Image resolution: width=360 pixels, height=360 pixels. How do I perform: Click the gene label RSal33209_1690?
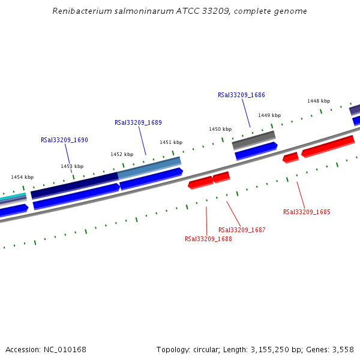(x=64, y=140)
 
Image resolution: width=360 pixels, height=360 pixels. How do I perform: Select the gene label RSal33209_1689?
(x=138, y=122)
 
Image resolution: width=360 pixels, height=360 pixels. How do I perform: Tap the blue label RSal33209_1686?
(x=241, y=95)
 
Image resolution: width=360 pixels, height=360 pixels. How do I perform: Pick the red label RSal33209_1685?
(x=307, y=212)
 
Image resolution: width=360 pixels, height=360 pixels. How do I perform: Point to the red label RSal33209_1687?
(x=242, y=230)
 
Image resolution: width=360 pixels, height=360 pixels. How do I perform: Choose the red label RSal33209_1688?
(x=208, y=239)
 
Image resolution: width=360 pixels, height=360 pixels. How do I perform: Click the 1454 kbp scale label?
(x=22, y=177)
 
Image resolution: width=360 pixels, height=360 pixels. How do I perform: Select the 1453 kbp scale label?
(x=72, y=166)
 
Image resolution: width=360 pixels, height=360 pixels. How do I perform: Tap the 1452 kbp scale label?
(x=122, y=154)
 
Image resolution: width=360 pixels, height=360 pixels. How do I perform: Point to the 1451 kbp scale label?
(x=171, y=142)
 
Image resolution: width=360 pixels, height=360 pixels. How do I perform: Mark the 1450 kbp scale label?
(x=220, y=129)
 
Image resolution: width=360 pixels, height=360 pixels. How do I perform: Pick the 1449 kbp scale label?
(x=269, y=115)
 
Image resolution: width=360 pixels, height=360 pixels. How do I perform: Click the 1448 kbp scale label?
(x=319, y=101)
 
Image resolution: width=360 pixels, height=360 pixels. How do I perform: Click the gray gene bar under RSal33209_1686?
(x=253, y=140)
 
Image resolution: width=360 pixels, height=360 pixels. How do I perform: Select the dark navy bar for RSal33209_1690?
(x=74, y=185)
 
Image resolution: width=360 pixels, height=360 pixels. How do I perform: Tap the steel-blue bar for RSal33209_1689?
(x=149, y=167)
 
